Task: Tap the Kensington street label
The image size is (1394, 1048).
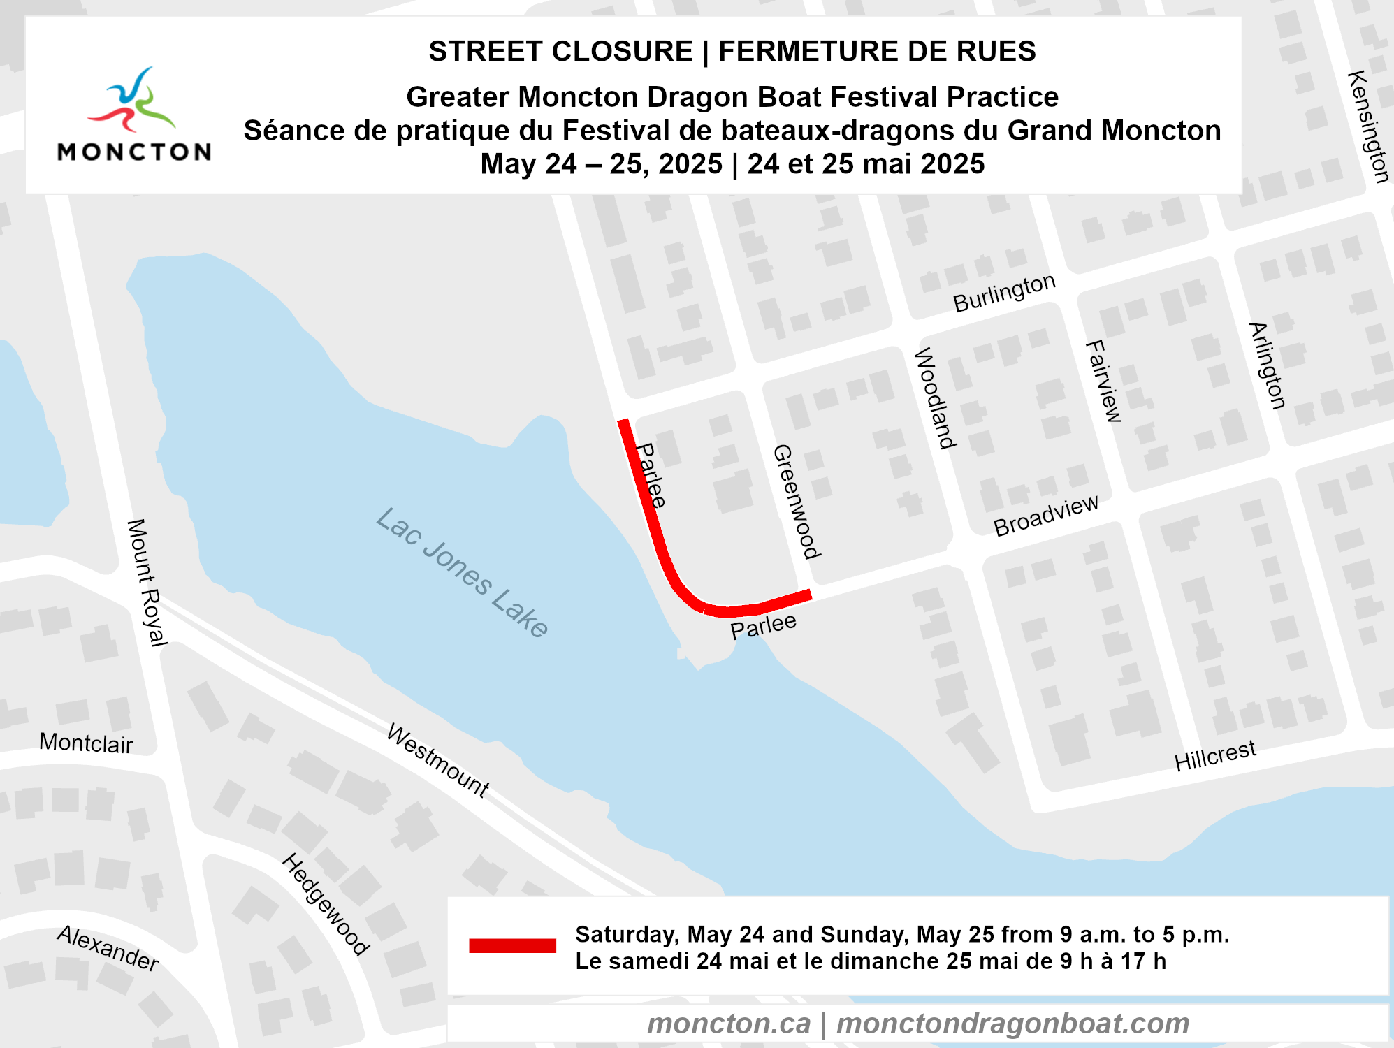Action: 1367,126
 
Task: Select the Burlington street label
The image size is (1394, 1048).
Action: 1004,293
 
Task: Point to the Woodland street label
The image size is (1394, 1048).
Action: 935,398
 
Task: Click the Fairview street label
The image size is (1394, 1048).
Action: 1103,381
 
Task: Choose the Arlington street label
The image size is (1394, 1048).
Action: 1267,365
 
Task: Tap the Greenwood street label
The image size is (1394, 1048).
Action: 796,501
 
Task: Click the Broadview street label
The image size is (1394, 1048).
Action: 1046,516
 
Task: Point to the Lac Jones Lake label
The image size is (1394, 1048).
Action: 462,572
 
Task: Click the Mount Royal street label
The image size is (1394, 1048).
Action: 147,582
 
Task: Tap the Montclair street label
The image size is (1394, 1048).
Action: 86,743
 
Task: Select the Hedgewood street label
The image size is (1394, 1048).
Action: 326,903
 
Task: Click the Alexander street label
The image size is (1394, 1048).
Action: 108,948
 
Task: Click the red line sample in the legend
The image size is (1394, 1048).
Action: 512,946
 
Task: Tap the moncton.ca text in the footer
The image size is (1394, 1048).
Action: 729,1024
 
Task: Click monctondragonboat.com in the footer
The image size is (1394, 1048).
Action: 1012,1024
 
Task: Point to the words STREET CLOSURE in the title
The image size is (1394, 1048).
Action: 560,52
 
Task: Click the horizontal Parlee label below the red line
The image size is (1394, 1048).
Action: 763,626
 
